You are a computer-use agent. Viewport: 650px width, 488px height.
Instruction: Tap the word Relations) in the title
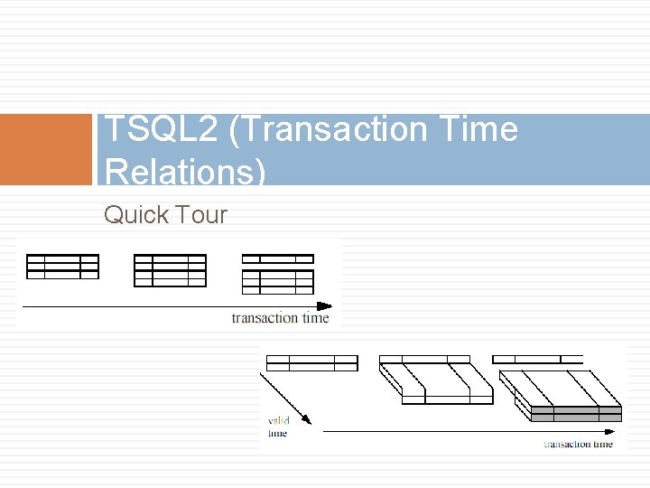pyautogui.click(x=185, y=171)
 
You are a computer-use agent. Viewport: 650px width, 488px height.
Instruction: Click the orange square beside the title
pyautogui.click(x=46, y=149)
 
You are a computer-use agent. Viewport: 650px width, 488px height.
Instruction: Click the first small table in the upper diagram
pyautogui.click(x=62, y=266)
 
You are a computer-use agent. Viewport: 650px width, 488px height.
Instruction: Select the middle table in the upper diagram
pyautogui.click(x=170, y=270)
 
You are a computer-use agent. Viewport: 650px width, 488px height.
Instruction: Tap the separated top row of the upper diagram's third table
pyautogui.click(x=278, y=259)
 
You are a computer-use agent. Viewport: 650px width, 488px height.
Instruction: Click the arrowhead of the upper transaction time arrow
pyautogui.click(x=325, y=306)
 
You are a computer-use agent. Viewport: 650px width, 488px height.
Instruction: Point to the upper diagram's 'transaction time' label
pyautogui.click(x=280, y=318)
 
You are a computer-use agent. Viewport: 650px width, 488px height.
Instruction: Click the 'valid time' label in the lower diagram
pyautogui.click(x=278, y=427)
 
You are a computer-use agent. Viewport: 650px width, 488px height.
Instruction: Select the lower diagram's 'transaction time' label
pyautogui.click(x=578, y=444)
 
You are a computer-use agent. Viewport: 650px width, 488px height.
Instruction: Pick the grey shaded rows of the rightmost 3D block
pyautogui.click(x=576, y=414)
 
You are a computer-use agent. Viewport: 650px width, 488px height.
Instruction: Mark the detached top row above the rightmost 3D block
pyautogui.click(x=538, y=360)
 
